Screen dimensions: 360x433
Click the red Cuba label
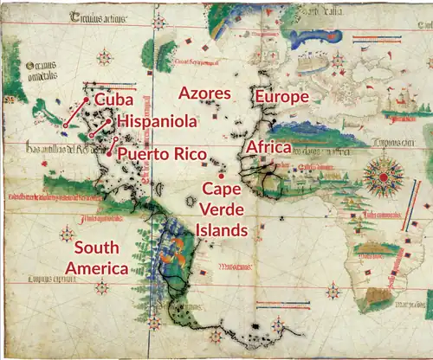tap(113, 101)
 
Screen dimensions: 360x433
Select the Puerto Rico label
tap(162, 155)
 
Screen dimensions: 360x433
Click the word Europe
tap(281, 97)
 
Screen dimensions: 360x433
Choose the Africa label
tap(268, 149)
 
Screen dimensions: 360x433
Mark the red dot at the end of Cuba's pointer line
tap(65, 125)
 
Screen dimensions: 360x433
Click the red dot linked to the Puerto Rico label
tap(110, 153)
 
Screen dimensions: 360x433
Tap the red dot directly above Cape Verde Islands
tap(222, 176)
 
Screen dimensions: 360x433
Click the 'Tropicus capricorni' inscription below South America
tap(51, 279)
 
